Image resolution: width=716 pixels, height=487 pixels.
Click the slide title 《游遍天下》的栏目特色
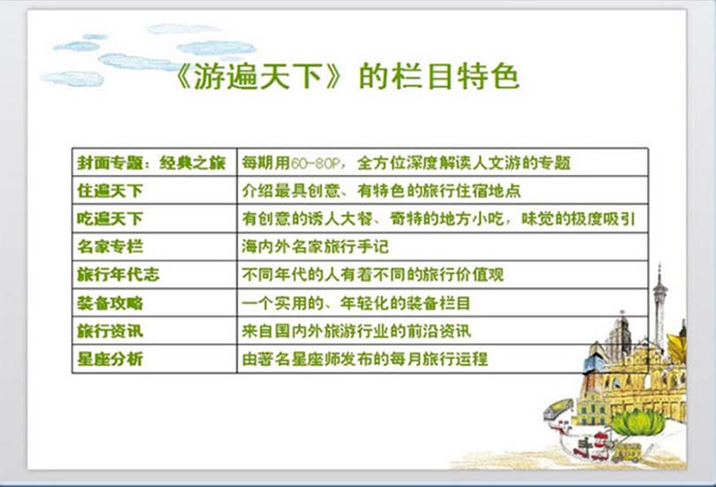pyautogui.click(x=347, y=76)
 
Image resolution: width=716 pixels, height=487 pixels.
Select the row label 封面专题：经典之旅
pyautogui.click(x=151, y=163)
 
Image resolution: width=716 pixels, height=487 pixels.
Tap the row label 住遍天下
pyautogui.click(x=110, y=191)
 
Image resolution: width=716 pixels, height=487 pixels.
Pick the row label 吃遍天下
pyautogui.click(x=110, y=219)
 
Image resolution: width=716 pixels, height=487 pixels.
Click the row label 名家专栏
pyautogui.click(x=110, y=247)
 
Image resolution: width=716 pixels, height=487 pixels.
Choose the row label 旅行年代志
pyautogui.click(x=118, y=275)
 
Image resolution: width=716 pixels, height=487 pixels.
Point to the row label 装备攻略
pyautogui.click(x=110, y=303)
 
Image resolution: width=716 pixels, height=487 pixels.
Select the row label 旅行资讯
pyautogui.click(x=110, y=331)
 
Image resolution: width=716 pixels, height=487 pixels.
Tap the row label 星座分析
pyautogui.click(x=110, y=359)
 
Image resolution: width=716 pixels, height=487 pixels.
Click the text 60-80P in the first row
pyautogui.click(x=315, y=164)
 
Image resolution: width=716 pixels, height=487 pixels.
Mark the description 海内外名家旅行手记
pyautogui.click(x=315, y=247)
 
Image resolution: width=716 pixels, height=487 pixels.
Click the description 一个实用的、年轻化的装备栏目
pyautogui.click(x=356, y=303)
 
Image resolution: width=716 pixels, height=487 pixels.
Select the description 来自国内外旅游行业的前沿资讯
pyautogui.click(x=356, y=331)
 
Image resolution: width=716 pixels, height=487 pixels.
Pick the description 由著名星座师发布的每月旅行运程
pyautogui.click(x=364, y=359)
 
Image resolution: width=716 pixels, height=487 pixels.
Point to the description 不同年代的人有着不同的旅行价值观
pyautogui.click(x=373, y=275)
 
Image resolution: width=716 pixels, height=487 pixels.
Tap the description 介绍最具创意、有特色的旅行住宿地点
pyautogui.click(x=381, y=191)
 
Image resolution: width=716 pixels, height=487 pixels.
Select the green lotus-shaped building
pyautogui.click(x=638, y=422)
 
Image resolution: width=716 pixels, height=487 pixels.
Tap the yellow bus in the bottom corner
pyautogui.click(x=627, y=452)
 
